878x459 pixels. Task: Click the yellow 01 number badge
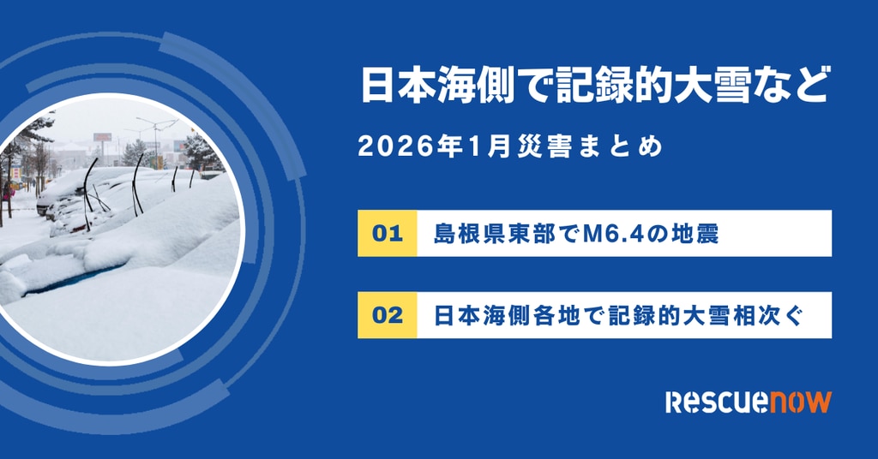(387, 233)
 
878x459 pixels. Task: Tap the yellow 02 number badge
(387, 315)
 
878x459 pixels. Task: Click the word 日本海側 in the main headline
(436, 85)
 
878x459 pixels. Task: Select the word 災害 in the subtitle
(537, 147)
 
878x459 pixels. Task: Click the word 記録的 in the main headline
(614, 85)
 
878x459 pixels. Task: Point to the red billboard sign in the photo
(103, 137)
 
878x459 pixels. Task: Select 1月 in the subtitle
(490, 147)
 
